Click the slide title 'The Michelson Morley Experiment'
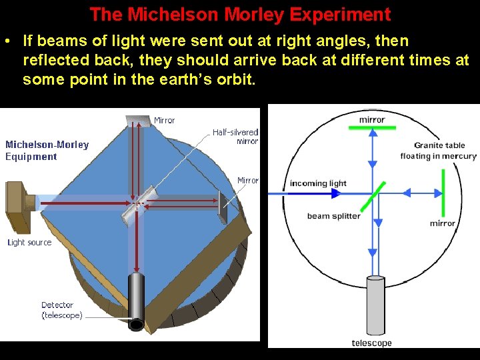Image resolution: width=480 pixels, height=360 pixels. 240,14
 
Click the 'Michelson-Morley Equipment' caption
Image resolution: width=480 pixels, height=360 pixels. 47,151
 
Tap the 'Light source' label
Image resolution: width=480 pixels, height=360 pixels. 29,242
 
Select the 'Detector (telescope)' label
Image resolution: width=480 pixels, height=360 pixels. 62,310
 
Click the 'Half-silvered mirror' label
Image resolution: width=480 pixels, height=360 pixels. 235,137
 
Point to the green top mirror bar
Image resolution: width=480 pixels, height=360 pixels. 372,127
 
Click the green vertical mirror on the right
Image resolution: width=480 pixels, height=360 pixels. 443,193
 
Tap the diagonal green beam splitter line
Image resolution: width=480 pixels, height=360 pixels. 373,193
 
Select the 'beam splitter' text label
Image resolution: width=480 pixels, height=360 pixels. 333,216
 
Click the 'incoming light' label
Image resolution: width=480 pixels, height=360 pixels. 318,183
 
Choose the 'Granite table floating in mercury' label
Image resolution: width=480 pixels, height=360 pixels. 438,151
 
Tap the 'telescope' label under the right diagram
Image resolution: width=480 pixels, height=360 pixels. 371,343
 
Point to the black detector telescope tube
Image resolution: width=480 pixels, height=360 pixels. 136,300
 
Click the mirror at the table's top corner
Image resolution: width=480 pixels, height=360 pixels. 138,121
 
